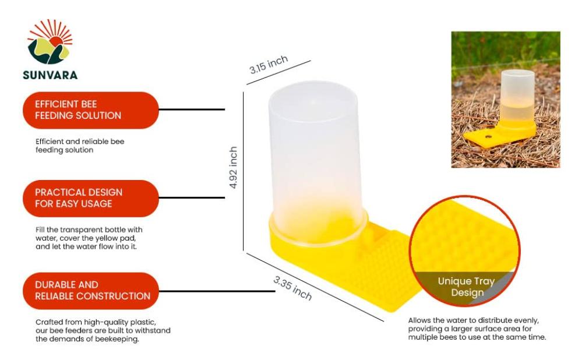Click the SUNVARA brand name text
click(50, 75)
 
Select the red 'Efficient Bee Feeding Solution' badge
click(90, 110)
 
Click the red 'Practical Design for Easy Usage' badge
click(90, 198)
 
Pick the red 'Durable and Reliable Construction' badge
click(90, 290)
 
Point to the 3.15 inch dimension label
click(269, 65)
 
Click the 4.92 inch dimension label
click(233, 167)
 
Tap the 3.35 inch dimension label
click(292, 287)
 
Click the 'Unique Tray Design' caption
click(466, 287)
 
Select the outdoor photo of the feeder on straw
click(505, 99)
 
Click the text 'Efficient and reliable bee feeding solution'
click(80, 146)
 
